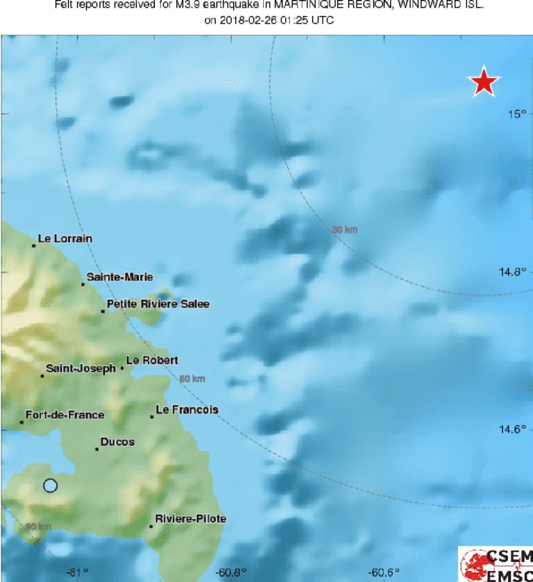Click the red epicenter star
point(484,82)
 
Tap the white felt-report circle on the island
point(50,486)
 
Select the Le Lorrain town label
point(65,239)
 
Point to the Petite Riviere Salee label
point(158,304)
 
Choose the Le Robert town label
point(152,360)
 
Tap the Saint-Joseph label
point(81,368)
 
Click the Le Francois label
point(187,410)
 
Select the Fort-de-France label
point(65,415)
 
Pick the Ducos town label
point(117,442)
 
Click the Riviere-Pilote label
point(191,519)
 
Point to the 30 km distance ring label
point(344,230)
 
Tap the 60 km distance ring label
point(192,379)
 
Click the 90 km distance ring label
point(39,527)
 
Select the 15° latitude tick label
point(516,114)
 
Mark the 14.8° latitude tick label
point(514,272)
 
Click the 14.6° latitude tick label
point(514,429)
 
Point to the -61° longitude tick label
point(77,572)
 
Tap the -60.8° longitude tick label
point(231,572)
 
